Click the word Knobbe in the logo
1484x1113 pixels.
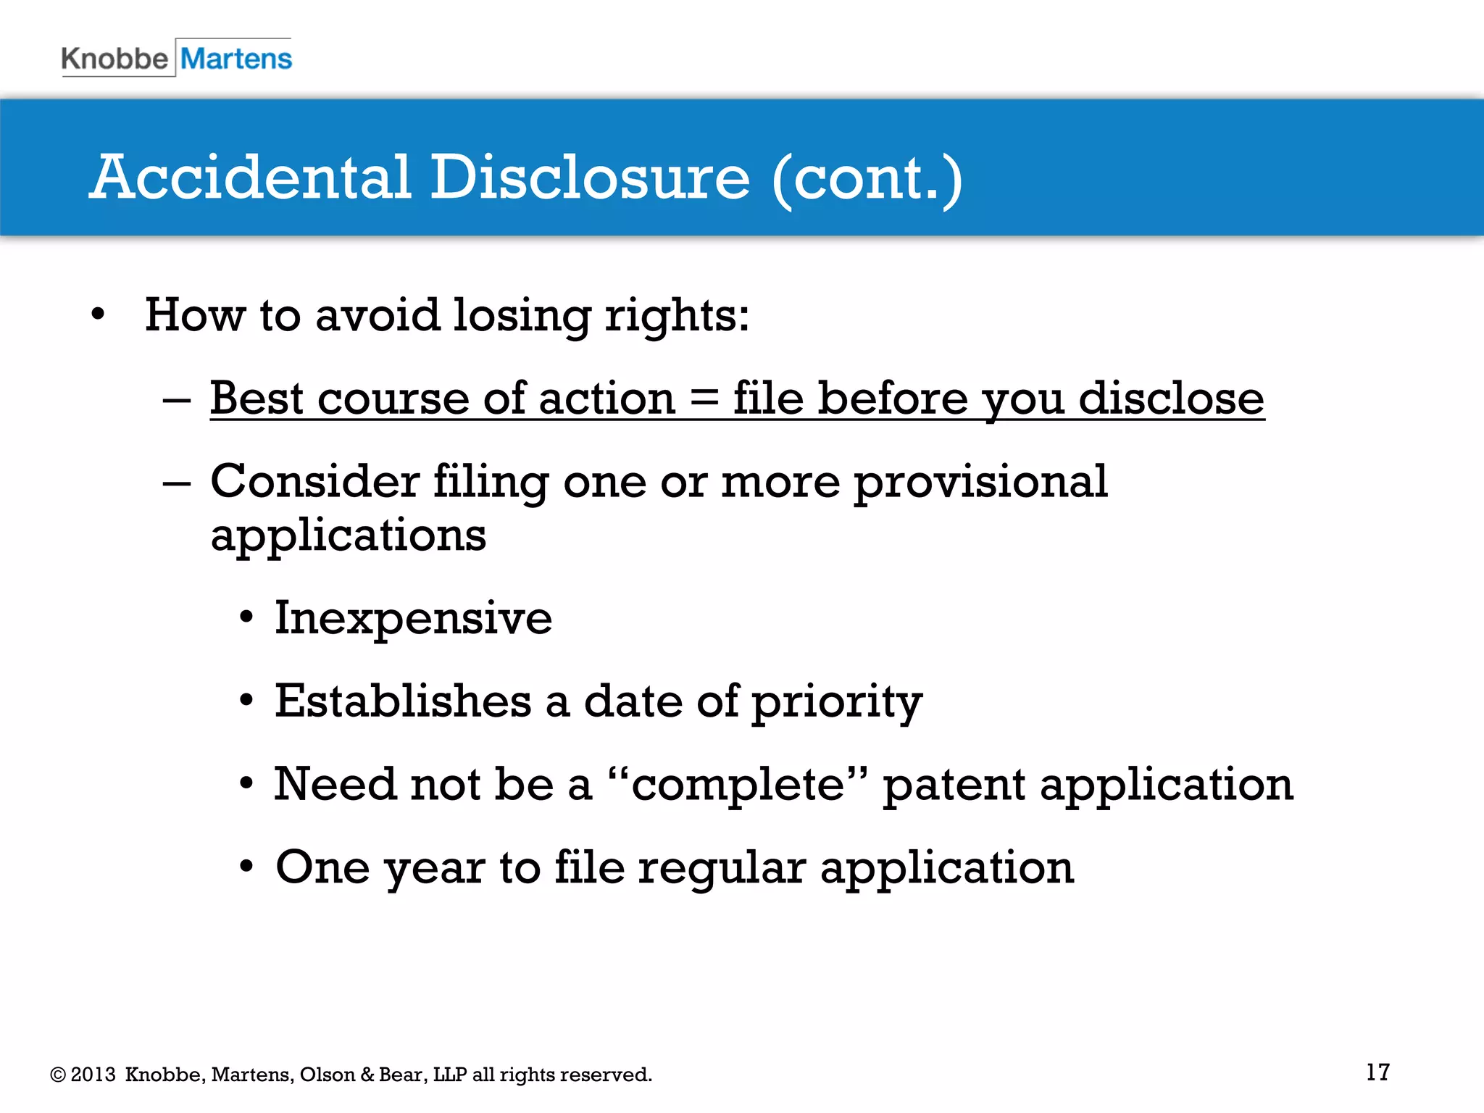[x=114, y=59]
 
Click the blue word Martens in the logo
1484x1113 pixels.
[x=236, y=59]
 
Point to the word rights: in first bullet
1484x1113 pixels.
[x=677, y=316]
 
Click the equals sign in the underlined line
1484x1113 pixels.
[x=704, y=399]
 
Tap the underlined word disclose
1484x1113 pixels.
[x=1171, y=399]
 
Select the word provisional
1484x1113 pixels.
[x=980, y=483]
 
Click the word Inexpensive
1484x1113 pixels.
[x=413, y=619]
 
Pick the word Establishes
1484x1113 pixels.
[x=403, y=701]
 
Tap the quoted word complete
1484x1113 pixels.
[x=738, y=785]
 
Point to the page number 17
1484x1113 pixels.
[x=1377, y=1072]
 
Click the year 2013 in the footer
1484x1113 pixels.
[x=93, y=1075]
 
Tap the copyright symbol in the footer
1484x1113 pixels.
[x=58, y=1075]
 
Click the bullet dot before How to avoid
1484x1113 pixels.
[x=99, y=316]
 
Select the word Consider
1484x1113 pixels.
[x=314, y=481]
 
